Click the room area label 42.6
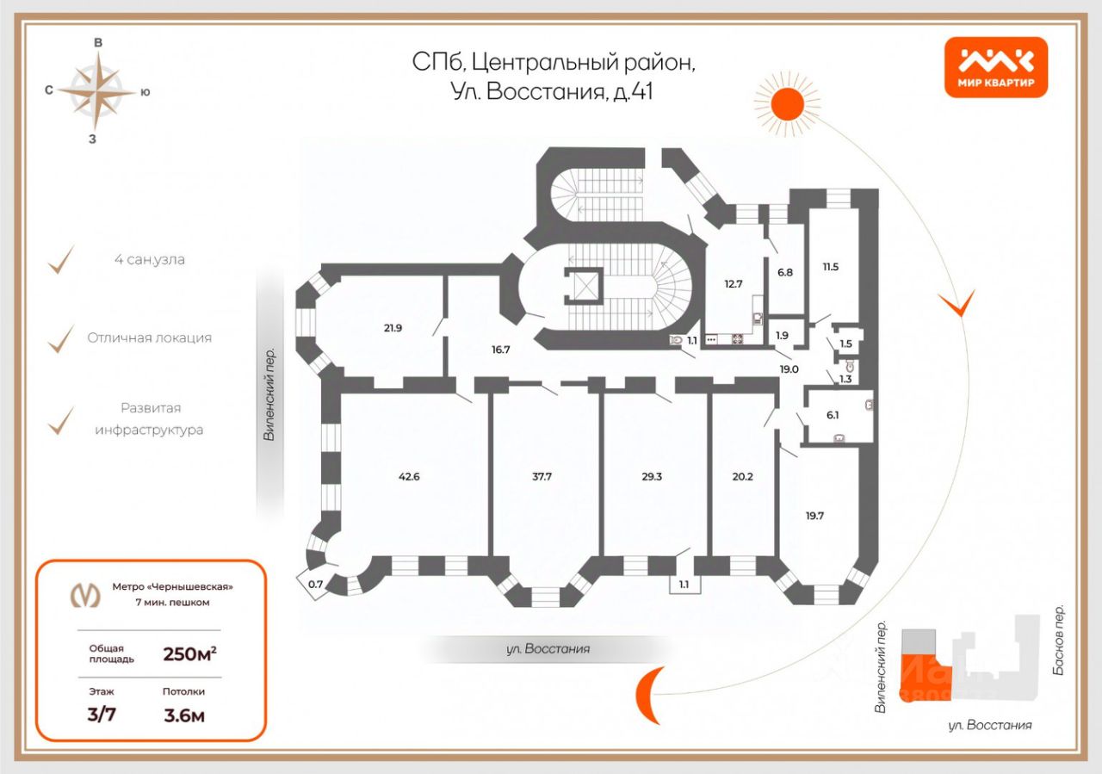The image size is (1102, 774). coord(409,476)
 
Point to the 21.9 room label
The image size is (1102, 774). coord(393,327)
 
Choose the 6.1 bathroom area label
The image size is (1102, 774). coord(832,414)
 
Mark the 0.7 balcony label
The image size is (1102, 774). coord(315,585)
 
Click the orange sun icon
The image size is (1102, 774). coord(787,103)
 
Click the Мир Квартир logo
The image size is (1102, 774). coord(996,67)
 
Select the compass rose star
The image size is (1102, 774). coord(100,90)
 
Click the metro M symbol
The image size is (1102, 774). coord(84,595)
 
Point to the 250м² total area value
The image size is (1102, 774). coord(189,653)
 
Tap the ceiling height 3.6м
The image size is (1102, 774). coord(184,715)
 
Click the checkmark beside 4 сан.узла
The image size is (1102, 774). coord(59,260)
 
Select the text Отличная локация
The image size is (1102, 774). coord(149,337)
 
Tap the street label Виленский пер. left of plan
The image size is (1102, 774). coord(269,395)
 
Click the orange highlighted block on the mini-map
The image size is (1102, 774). coord(921,674)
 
